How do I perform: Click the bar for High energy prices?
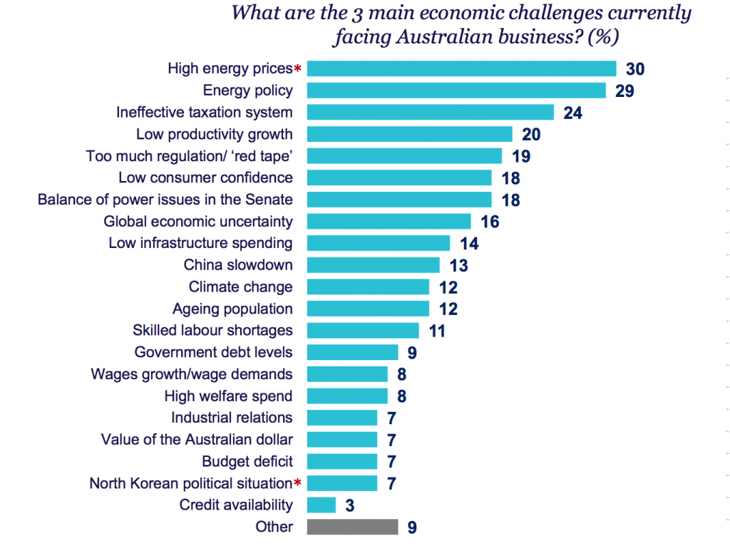click(x=461, y=68)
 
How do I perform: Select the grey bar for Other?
click(x=352, y=527)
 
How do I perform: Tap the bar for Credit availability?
click(x=321, y=505)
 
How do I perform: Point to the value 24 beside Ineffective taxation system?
click(x=573, y=113)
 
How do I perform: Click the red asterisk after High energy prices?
click(x=298, y=69)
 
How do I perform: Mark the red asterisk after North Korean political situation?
click(x=298, y=483)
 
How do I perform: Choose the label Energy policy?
click(x=247, y=90)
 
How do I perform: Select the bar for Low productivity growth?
click(x=409, y=134)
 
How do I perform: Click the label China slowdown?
click(x=238, y=265)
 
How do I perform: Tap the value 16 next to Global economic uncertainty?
click(x=490, y=222)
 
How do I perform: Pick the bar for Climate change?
click(x=368, y=287)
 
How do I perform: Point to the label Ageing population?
click(x=232, y=309)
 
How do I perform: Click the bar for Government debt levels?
click(x=352, y=352)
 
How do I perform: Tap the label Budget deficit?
click(x=247, y=461)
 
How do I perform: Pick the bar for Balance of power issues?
click(x=399, y=200)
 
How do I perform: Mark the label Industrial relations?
click(x=232, y=417)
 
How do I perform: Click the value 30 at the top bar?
click(x=635, y=69)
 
